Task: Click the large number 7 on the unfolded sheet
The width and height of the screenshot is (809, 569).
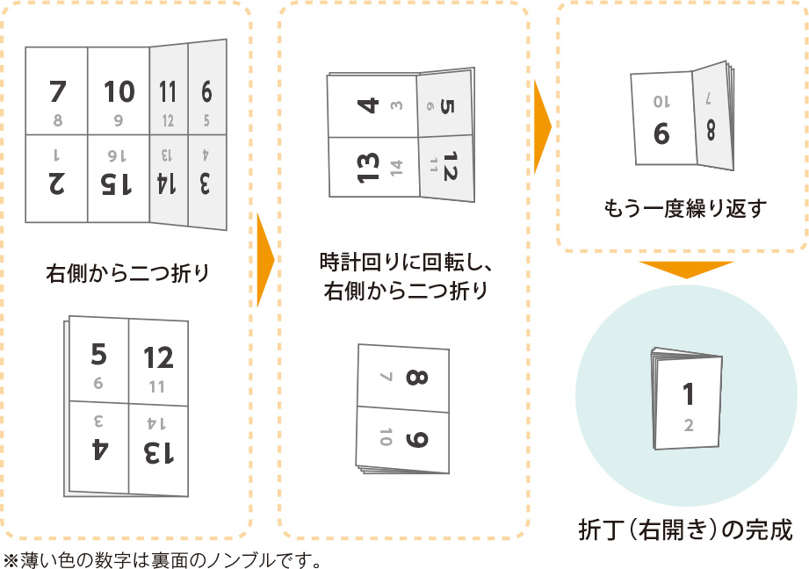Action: coord(57,91)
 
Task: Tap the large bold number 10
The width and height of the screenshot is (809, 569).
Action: coord(119,91)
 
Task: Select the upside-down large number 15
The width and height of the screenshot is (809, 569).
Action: coord(118,184)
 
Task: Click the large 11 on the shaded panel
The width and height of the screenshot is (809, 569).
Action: coord(168,92)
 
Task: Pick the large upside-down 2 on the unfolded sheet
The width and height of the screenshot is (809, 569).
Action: coord(57,184)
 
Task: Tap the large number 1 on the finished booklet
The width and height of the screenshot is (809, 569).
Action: coord(689,394)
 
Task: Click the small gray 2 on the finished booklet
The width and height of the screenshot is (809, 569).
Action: coord(689,426)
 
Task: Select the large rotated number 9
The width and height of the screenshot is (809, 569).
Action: coord(416,436)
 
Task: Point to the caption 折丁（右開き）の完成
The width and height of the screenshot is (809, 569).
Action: coord(685,530)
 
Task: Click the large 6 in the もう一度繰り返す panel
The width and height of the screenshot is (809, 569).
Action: coord(661,133)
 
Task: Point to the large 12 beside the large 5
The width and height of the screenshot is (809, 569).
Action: coord(159,357)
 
